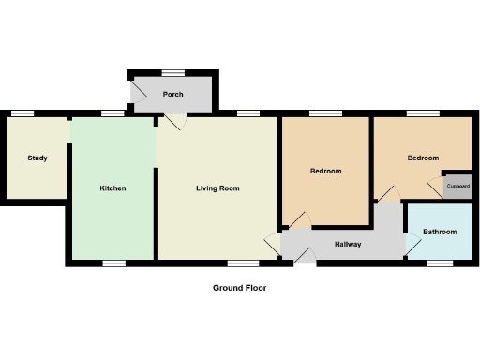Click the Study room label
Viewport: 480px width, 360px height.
(x=37, y=157)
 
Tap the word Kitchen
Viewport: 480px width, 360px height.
(x=112, y=188)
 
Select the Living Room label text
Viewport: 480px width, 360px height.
(x=217, y=188)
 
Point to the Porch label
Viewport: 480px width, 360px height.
(x=172, y=95)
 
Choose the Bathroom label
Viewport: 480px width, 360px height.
(x=439, y=232)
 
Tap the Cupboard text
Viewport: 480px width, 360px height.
(x=457, y=186)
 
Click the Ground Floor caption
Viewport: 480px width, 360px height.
(x=239, y=289)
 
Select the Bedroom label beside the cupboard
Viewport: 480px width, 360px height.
(x=423, y=157)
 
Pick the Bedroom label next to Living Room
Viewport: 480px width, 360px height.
(x=325, y=172)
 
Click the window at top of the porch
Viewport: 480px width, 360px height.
(x=172, y=73)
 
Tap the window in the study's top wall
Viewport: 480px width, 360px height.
(x=23, y=113)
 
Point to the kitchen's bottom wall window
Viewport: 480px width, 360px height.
(x=113, y=262)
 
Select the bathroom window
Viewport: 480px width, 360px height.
(x=439, y=262)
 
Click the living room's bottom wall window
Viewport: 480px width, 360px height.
(x=240, y=262)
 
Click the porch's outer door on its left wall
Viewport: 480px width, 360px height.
(x=137, y=92)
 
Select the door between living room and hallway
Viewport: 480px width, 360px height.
(x=275, y=244)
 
